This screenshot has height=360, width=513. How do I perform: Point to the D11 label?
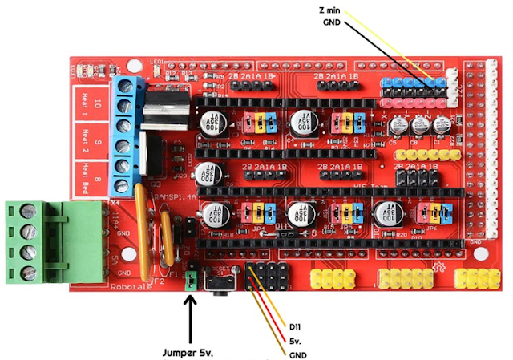coord(298,326)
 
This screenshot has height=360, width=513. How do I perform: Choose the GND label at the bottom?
coord(298,354)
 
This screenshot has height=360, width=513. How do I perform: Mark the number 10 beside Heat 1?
coord(97,103)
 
